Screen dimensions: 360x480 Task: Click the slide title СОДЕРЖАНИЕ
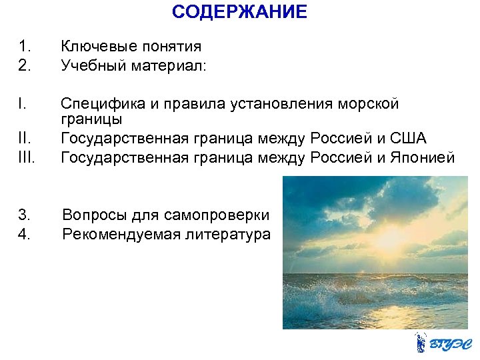pos(239,12)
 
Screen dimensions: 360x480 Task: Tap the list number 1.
pos(24,47)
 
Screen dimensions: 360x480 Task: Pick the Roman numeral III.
pos(27,157)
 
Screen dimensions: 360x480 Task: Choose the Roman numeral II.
pos(24,139)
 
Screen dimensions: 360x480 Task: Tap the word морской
pos(369,103)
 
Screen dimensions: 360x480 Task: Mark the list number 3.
pos(24,215)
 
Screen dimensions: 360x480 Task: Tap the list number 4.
pos(24,234)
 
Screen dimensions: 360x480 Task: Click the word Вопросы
pos(92,215)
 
